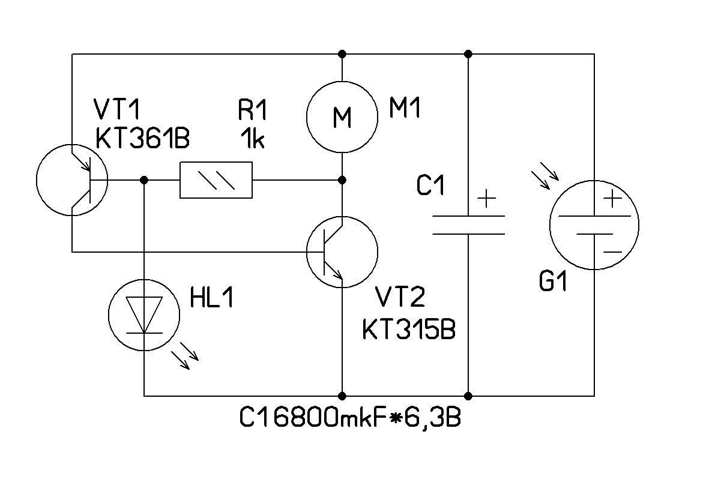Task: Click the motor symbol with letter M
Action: [x=342, y=117]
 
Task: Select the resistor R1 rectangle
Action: [x=216, y=179]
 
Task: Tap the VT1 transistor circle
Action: [x=72, y=179]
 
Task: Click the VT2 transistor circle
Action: [x=342, y=252]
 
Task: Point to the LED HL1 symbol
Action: [x=144, y=313]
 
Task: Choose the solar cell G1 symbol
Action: [x=594, y=225]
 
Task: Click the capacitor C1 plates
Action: [x=468, y=224]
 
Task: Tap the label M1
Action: [x=405, y=109]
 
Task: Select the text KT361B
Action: [x=142, y=139]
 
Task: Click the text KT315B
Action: [x=408, y=330]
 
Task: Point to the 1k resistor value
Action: [x=252, y=139]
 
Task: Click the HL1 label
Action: [x=211, y=298]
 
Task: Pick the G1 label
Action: [x=553, y=283]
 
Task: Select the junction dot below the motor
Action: [x=342, y=179]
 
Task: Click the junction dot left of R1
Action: [x=144, y=179]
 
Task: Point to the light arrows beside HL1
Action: [x=185, y=358]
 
